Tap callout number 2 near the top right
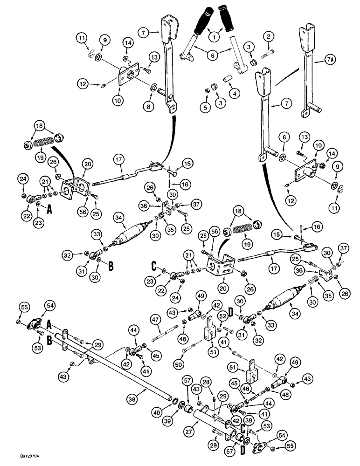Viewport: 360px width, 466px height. pos(268,36)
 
